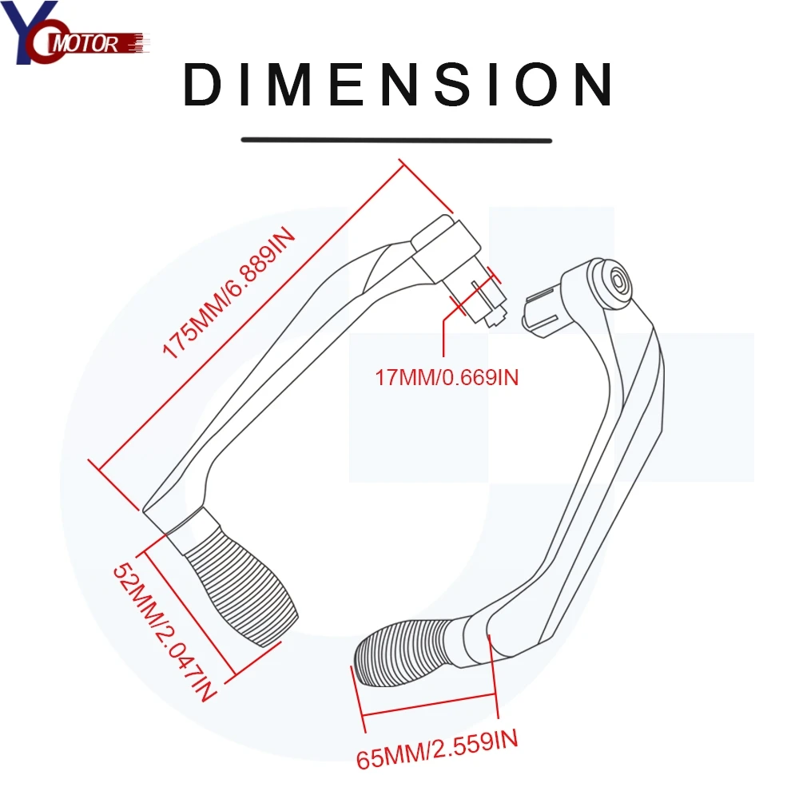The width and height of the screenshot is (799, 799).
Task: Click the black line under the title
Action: (397, 140)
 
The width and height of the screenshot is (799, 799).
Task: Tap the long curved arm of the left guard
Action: (264, 376)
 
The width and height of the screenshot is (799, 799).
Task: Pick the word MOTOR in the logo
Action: (91, 43)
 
